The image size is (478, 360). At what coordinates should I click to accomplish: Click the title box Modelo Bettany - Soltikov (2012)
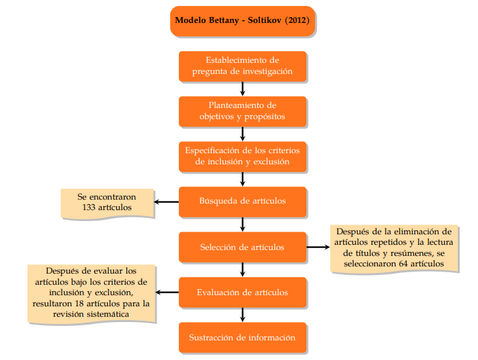pyautogui.click(x=242, y=21)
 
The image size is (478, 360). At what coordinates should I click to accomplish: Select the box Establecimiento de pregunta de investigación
pyautogui.click(x=242, y=66)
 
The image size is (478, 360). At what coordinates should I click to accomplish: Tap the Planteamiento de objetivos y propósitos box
pyautogui.click(x=242, y=111)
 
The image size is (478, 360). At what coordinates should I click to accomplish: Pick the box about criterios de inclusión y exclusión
pyautogui.click(x=242, y=156)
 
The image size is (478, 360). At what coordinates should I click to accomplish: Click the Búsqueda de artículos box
pyautogui.click(x=242, y=201)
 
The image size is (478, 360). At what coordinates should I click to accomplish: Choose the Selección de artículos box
pyautogui.click(x=242, y=247)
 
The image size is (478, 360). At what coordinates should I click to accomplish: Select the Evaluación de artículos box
pyautogui.click(x=242, y=292)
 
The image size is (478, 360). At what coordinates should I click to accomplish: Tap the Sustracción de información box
pyautogui.click(x=242, y=337)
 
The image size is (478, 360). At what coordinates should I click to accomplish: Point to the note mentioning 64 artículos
pyautogui.click(x=393, y=247)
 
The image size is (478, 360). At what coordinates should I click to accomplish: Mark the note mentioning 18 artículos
pyautogui.click(x=92, y=292)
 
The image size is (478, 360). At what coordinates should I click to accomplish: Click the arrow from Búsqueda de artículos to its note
pyautogui.click(x=166, y=201)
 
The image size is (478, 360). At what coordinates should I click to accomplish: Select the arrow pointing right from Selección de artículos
pyautogui.click(x=318, y=247)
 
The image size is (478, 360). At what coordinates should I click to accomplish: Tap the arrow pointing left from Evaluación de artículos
pyautogui.click(x=168, y=292)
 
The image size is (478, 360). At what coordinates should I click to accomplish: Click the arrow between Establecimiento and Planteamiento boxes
pyautogui.click(x=242, y=89)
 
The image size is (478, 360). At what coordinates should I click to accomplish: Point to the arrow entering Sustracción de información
pyautogui.click(x=242, y=315)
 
